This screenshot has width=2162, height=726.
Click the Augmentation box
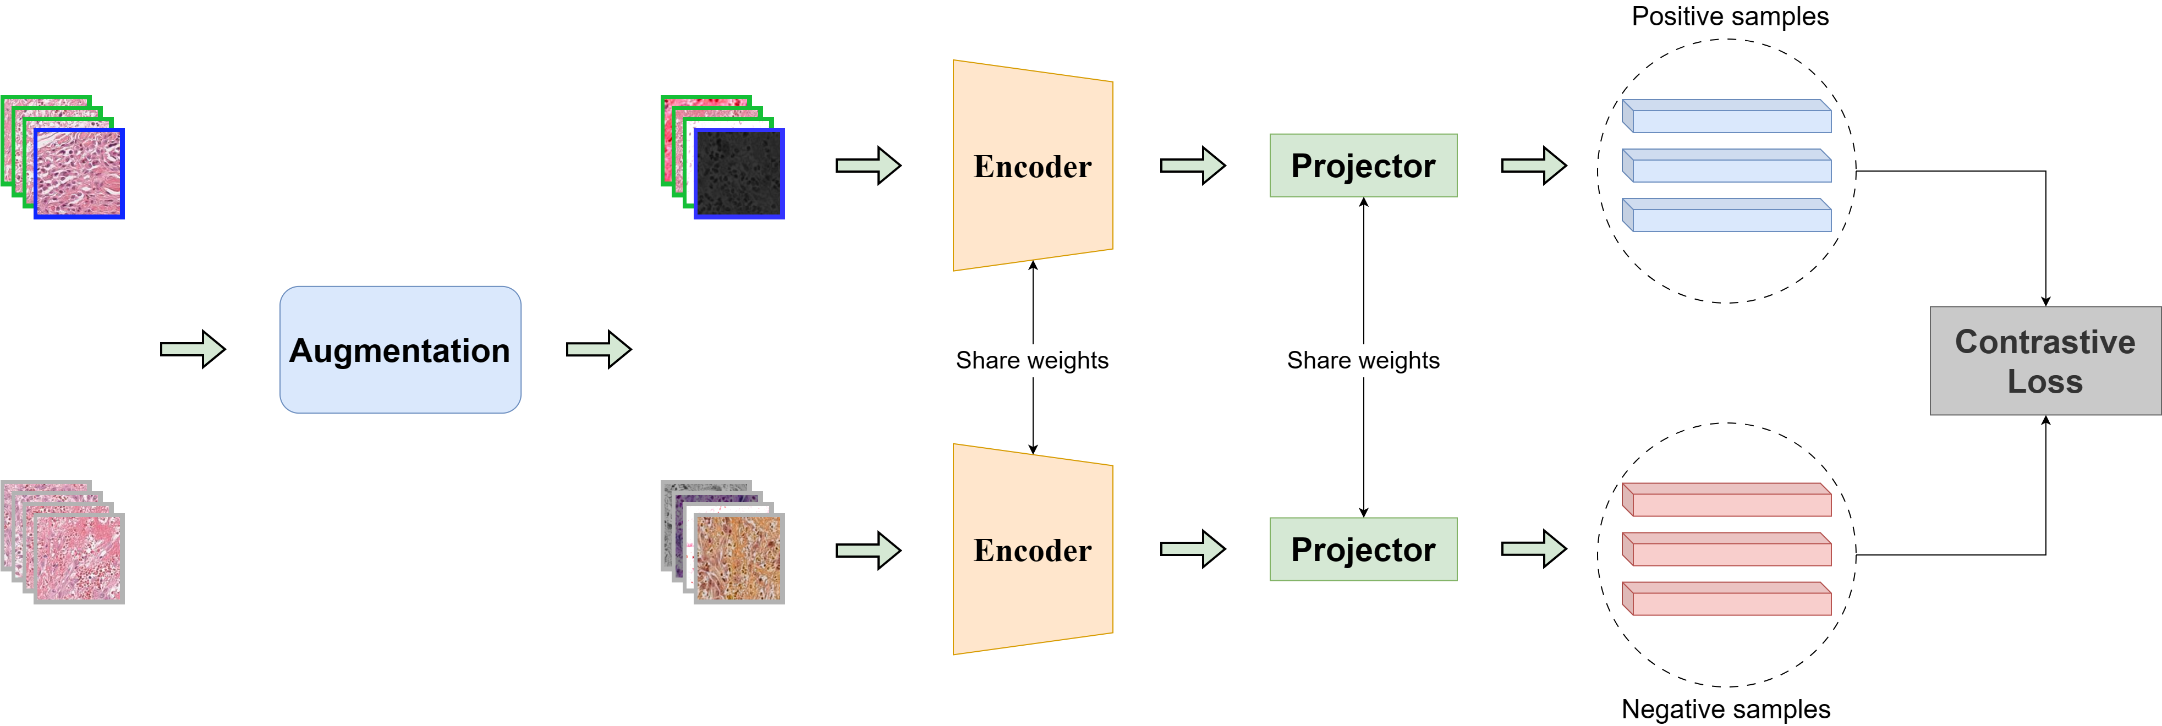click(400, 350)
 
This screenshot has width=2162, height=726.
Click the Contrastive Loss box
click(2044, 361)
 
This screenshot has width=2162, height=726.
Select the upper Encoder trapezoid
click(1033, 166)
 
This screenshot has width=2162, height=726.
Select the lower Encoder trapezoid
click(1033, 550)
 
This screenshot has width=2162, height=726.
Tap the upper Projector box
click(1363, 166)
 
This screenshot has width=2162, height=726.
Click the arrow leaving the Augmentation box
click(599, 349)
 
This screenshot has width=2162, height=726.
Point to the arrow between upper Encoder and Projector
click(1192, 166)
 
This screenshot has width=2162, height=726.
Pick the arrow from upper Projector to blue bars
click(1533, 166)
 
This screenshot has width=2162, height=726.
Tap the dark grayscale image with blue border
click(739, 174)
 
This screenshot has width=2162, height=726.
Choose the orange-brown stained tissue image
click(739, 558)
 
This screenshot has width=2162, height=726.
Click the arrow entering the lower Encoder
click(868, 551)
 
